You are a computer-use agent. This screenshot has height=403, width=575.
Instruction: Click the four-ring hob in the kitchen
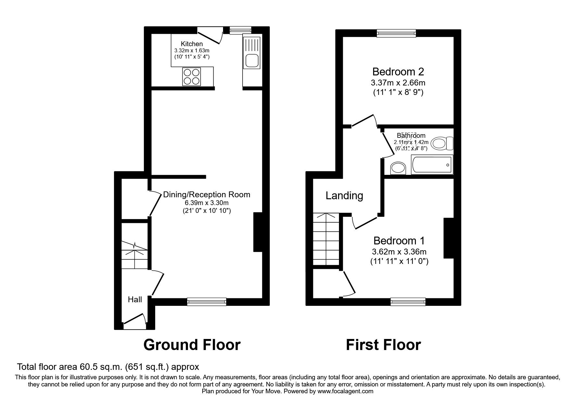192,76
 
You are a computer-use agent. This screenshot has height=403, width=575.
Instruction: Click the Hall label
135,300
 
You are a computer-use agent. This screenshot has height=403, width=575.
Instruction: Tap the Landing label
344,196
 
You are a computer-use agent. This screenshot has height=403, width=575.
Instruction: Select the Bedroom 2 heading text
398,71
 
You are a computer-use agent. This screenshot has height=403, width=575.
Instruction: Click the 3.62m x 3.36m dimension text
399,252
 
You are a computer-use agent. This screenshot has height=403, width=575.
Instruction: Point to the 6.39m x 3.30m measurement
206,203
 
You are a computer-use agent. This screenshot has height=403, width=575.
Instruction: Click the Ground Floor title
192,345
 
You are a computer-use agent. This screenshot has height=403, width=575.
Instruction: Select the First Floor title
383,345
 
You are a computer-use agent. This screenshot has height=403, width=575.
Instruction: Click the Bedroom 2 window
396,32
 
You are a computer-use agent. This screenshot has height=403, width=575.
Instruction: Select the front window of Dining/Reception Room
206,302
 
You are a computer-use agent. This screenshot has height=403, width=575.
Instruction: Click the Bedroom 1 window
408,302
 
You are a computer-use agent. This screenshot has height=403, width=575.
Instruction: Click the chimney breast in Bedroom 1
448,238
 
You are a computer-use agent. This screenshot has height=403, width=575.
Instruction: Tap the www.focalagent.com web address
345,392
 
